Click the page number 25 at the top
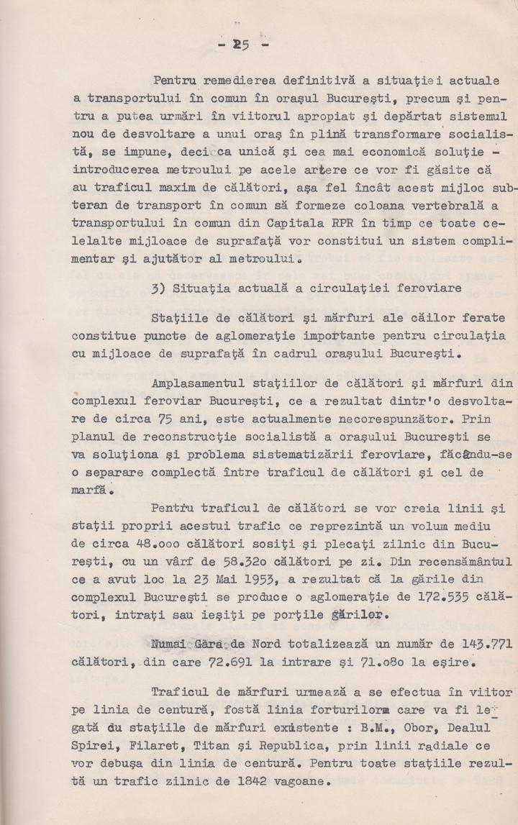(241, 45)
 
